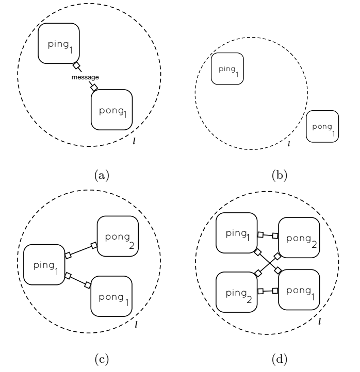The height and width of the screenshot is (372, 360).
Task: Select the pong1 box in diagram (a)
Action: pos(111,109)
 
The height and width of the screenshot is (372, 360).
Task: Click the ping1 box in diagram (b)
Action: pos(227,69)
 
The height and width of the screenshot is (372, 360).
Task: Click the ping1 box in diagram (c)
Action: pos(44,265)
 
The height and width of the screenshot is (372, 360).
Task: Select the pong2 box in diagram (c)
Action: pos(118,236)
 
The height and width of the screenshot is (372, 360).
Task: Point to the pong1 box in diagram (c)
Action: pos(111,296)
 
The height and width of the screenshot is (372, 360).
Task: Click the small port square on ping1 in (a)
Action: pos(76,66)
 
